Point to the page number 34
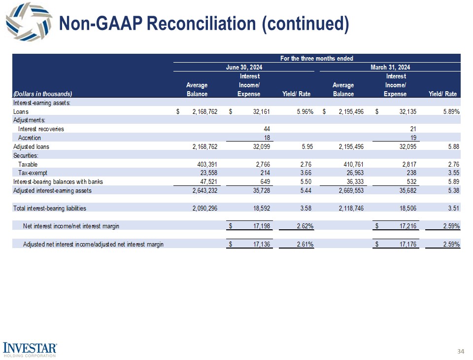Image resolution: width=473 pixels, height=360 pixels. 461,351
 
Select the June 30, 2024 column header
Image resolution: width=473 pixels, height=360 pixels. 244,67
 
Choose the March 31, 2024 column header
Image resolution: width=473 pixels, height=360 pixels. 390,67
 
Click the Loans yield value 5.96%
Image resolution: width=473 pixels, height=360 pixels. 303,111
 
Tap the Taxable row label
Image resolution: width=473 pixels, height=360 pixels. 28,164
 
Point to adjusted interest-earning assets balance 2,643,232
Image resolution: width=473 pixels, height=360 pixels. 202,190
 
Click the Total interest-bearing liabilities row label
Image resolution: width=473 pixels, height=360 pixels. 50,208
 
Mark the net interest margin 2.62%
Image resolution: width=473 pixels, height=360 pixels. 303,226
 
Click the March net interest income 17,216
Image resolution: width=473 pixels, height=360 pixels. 406,226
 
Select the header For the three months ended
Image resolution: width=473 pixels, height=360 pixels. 316,58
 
